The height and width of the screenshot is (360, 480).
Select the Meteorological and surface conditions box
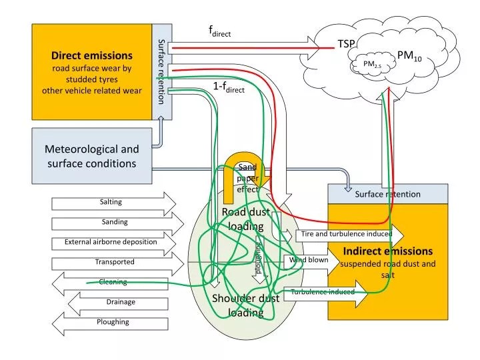click(x=92, y=157)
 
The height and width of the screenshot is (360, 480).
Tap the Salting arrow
click(x=111, y=202)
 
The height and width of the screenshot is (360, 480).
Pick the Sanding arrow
click(x=114, y=222)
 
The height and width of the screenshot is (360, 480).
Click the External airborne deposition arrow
click(x=111, y=242)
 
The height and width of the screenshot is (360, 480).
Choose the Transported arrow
click(x=114, y=262)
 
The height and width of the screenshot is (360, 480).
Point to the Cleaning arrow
click(x=113, y=282)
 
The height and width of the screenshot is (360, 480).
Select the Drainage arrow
click(x=120, y=302)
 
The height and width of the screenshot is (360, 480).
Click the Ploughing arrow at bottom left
click(x=113, y=322)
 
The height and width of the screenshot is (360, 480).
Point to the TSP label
click(x=346, y=43)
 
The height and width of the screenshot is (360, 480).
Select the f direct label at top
click(x=219, y=31)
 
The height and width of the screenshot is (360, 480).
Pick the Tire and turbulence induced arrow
click(x=345, y=234)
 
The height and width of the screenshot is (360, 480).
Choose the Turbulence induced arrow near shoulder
click(x=323, y=292)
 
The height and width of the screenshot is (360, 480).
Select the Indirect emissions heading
click(x=388, y=251)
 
